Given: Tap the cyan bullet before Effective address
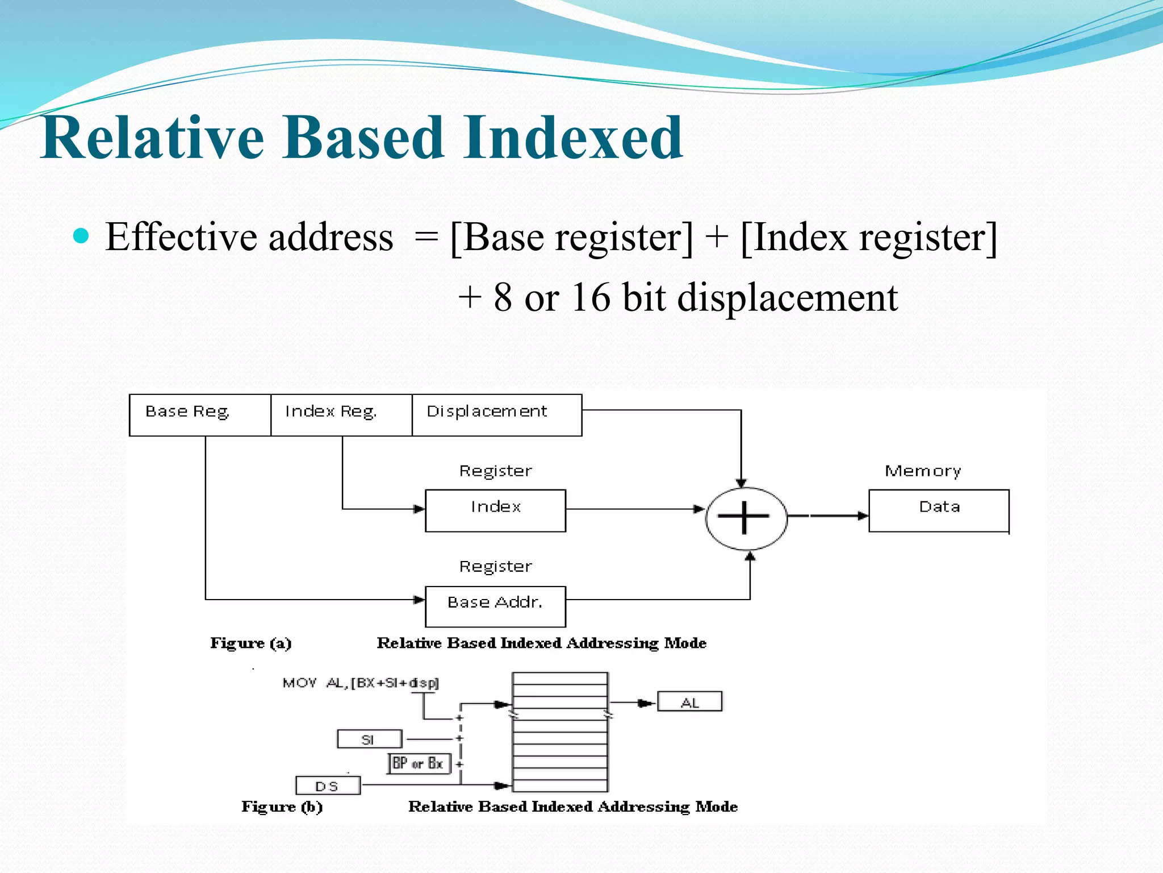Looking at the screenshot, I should tap(82, 236).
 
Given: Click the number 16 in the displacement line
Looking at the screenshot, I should tap(591, 297).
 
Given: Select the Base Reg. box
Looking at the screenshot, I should tap(200, 415).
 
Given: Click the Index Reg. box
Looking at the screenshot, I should tap(341, 415).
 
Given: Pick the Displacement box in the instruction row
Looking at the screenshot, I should tap(496, 415).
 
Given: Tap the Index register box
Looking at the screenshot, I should tap(495, 510).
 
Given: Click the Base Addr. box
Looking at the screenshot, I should tap(495, 606).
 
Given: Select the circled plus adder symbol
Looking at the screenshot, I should tap(746, 518).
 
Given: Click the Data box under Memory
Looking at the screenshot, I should tap(939, 510).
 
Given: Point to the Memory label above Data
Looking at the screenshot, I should tap(923, 471).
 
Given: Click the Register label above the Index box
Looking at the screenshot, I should tap(495, 471).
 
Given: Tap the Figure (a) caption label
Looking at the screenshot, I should tap(250, 643).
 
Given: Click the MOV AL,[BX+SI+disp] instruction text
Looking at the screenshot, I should tap(361, 683).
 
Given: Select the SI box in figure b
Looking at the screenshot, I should tap(369, 739).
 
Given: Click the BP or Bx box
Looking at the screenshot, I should tap(419, 763).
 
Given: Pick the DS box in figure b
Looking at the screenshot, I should tap(328, 786).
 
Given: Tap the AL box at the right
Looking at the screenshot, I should tap(689, 702).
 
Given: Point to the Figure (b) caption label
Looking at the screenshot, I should tap(282, 807).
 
